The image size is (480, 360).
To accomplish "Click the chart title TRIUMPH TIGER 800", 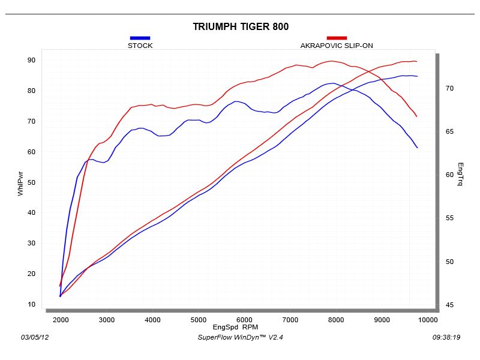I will (x=241, y=26).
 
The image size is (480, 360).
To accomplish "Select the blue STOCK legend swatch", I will (x=140, y=38).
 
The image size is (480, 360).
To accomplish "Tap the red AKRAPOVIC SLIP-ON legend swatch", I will (x=337, y=38).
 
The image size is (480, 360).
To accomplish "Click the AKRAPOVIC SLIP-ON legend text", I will (x=337, y=46).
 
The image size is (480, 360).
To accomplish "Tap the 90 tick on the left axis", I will (x=31, y=60).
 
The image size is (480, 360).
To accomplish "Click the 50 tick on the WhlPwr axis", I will (x=31, y=182).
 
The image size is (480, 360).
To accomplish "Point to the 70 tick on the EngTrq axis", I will (x=450, y=88).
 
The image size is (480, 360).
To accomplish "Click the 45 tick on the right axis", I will (x=450, y=305).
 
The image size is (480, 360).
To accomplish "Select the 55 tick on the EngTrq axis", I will (x=450, y=218).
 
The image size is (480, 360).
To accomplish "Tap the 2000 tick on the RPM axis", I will (x=61, y=320).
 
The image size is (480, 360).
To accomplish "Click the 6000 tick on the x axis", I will (x=244, y=320).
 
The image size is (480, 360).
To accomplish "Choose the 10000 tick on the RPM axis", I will (x=427, y=320).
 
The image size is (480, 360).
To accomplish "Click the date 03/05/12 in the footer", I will (x=34, y=337).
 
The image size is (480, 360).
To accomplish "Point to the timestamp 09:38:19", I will (x=446, y=337).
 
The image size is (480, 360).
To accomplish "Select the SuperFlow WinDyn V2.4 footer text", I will (x=239, y=337).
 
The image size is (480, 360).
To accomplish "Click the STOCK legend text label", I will (x=140, y=46).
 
